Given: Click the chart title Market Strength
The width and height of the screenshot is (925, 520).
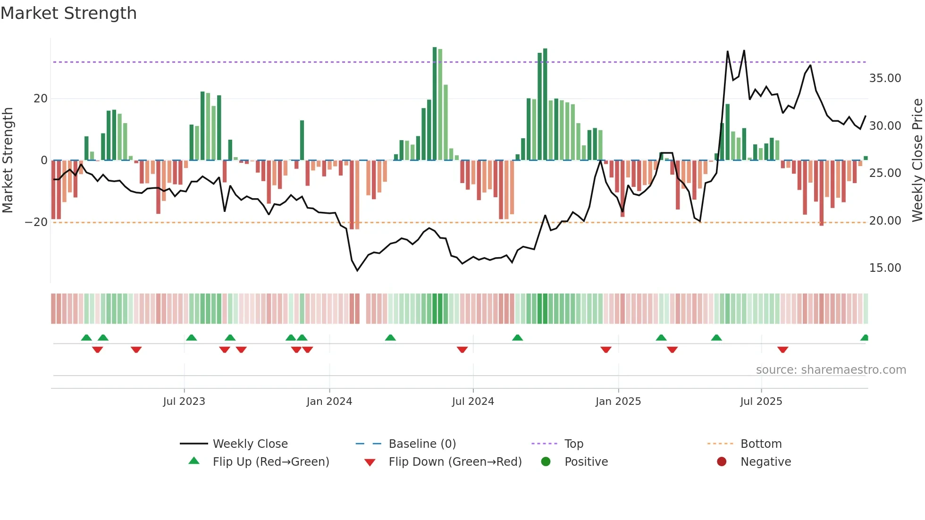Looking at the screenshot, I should (x=68, y=13).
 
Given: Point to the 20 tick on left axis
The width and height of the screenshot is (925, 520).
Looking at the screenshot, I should (x=41, y=99).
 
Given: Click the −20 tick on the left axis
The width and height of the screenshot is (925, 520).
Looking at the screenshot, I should (x=36, y=222).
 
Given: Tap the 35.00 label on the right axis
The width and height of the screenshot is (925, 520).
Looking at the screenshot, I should (x=885, y=78).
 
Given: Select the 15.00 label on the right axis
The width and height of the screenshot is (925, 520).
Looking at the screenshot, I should (x=885, y=268).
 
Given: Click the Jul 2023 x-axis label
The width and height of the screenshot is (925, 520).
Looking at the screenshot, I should (x=184, y=402).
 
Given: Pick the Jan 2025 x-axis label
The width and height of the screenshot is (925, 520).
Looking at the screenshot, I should (x=618, y=402).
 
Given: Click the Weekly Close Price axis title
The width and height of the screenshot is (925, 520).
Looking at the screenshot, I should (x=917, y=160).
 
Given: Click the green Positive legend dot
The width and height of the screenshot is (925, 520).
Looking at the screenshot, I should (x=546, y=461).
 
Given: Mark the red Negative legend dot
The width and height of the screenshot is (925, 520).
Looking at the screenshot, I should (x=722, y=461).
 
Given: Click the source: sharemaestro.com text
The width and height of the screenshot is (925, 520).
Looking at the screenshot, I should (x=831, y=370).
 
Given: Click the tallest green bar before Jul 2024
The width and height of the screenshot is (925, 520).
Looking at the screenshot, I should (x=435, y=104).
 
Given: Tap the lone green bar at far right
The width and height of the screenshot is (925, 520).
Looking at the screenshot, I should (x=866, y=158).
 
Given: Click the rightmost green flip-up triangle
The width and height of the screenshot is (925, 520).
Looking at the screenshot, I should (x=865, y=338).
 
